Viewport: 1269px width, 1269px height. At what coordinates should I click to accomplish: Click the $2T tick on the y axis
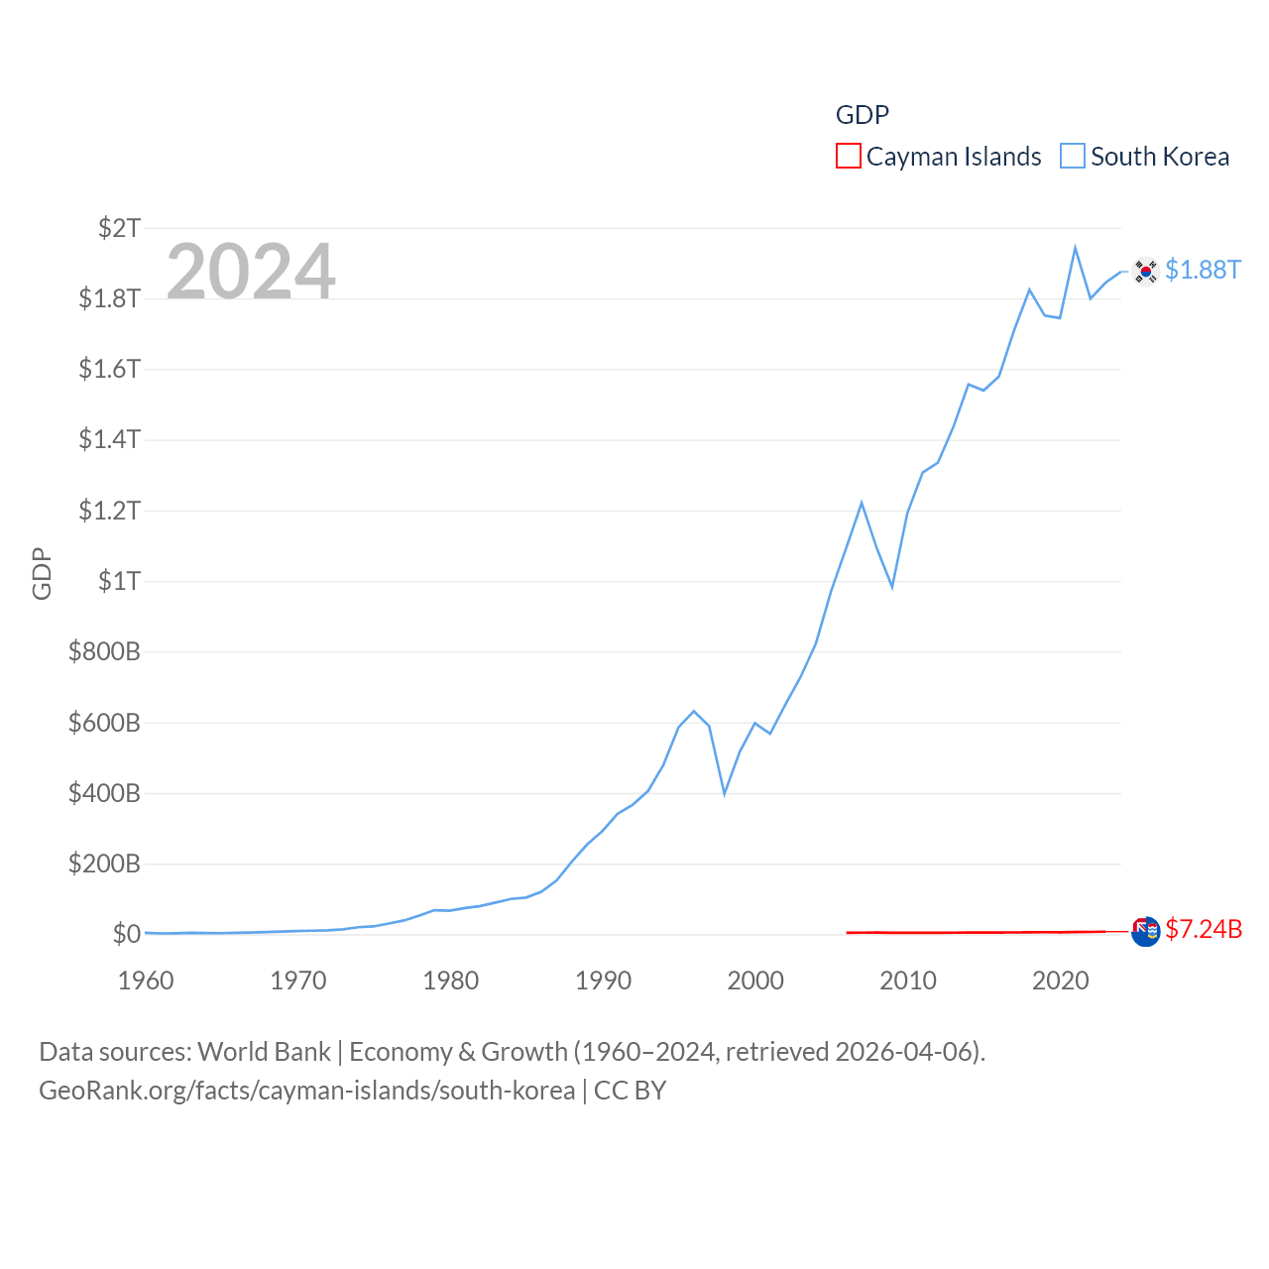point(119,228)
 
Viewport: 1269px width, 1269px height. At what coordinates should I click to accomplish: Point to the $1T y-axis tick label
point(119,581)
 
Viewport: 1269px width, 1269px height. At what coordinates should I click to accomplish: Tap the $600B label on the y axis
point(104,723)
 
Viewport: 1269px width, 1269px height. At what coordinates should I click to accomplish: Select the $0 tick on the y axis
point(126,934)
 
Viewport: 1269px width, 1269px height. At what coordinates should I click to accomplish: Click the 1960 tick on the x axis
point(146,981)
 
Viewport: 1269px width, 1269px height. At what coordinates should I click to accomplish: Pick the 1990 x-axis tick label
point(603,981)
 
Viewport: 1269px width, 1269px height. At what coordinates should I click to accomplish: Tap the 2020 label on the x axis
point(1061,981)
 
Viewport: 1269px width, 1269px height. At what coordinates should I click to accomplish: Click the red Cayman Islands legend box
point(849,157)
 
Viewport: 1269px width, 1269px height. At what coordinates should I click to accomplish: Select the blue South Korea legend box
point(1073,157)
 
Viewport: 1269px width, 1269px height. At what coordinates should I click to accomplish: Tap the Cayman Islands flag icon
point(1145,932)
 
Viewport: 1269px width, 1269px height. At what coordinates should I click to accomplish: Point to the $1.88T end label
point(1203,270)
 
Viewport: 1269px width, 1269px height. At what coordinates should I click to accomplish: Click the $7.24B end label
point(1204,929)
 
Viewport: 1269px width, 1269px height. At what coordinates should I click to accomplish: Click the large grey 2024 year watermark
point(251,271)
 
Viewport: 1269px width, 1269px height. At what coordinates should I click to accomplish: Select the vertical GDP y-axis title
point(42,573)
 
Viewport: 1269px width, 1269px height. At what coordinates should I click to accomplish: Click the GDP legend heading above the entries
point(862,115)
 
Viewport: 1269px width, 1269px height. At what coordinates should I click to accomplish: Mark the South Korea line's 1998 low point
point(725,793)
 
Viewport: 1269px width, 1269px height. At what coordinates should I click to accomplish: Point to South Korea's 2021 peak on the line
point(1075,248)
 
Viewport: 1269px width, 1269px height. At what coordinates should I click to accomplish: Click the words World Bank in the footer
point(264,1052)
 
